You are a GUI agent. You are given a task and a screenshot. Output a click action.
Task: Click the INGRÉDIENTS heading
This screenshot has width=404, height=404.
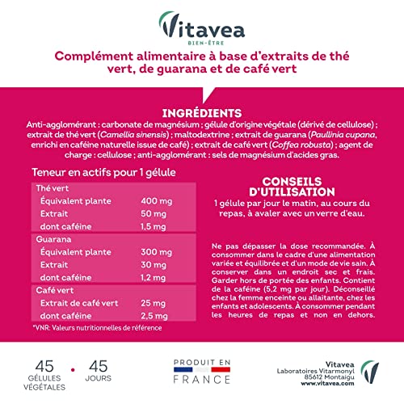coord(202,112)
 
